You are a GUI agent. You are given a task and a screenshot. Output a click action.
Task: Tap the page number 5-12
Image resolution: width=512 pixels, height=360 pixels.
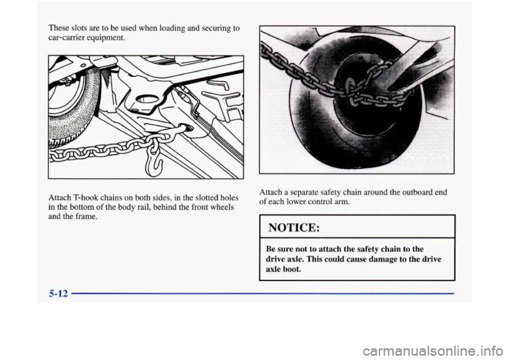point(59,294)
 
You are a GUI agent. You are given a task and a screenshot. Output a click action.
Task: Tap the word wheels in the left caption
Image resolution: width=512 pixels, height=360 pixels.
point(223,207)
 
